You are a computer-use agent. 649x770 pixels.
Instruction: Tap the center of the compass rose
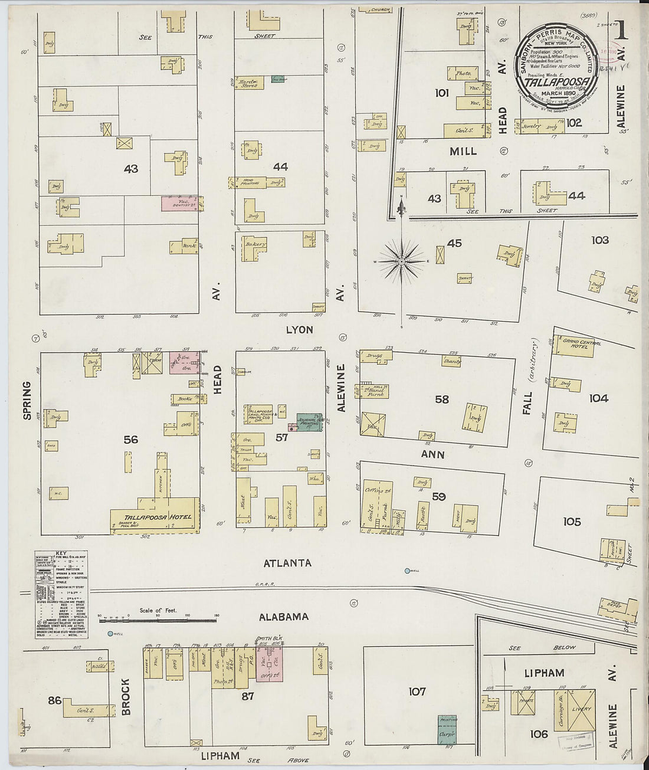pyautogui.click(x=402, y=261)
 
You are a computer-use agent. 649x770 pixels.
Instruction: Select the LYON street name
pyautogui.click(x=299, y=330)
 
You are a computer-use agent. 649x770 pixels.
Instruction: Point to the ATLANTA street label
pyautogui.click(x=287, y=563)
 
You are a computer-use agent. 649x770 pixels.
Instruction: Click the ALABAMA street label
pyautogui.click(x=284, y=617)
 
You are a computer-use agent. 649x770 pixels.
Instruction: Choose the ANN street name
pyautogui.click(x=432, y=454)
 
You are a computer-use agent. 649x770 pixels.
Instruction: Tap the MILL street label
pyautogui.click(x=463, y=152)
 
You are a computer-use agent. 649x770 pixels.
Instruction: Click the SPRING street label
pyautogui.click(x=27, y=401)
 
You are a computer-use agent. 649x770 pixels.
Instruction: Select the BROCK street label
pyautogui.click(x=126, y=696)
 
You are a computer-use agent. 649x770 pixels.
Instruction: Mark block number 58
pyautogui.click(x=441, y=399)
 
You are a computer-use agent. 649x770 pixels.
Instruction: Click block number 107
pyautogui.click(x=417, y=691)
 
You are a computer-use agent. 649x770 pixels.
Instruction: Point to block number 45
pyautogui.click(x=454, y=243)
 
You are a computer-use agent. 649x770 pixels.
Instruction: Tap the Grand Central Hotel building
pyautogui.click(x=573, y=348)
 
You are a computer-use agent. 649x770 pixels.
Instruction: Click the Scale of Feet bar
pyautogui.click(x=157, y=620)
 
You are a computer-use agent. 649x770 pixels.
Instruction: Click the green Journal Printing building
pyautogui.click(x=309, y=422)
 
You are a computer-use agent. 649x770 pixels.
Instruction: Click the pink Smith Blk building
pyautogui.click(x=269, y=664)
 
